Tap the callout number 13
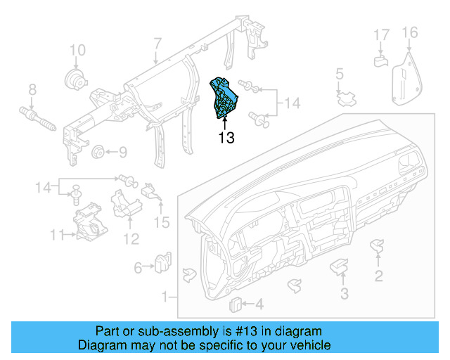226,138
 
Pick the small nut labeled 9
98,151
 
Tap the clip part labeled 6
164,262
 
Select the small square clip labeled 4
236,304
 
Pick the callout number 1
165,297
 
